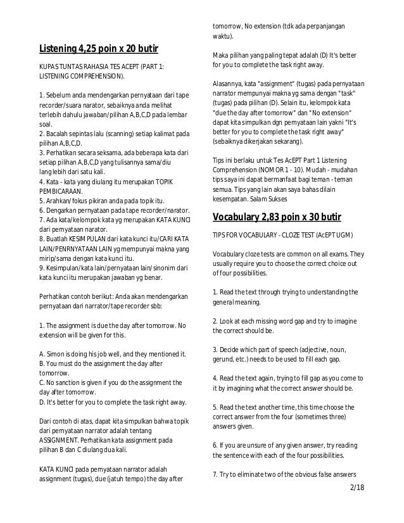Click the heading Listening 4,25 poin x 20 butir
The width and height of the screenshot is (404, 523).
pyautogui.click(x=98, y=49)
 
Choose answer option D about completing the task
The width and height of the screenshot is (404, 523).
pyautogui.click(x=113, y=402)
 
